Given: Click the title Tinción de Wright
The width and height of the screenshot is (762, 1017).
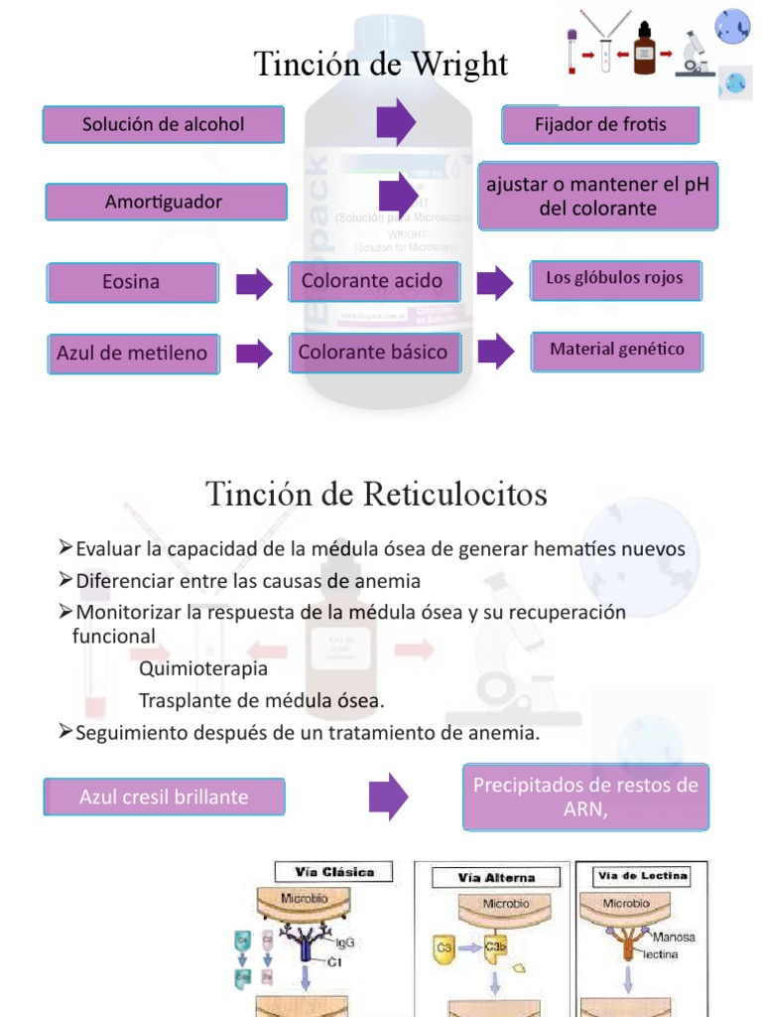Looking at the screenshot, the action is (381, 66).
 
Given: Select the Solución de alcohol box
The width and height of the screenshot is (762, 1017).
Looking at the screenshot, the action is (164, 125).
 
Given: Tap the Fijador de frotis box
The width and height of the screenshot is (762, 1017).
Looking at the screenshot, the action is (601, 125).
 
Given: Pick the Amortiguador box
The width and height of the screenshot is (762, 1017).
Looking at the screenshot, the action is (164, 202).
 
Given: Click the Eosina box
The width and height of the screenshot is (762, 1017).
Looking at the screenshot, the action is (132, 282).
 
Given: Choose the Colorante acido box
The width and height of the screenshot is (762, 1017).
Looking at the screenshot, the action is (373, 281).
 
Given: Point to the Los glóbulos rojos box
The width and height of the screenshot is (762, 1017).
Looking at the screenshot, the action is (615, 279).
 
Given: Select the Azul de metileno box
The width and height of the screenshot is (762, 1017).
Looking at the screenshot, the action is (133, 354).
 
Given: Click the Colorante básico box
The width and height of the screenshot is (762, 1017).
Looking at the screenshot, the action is (373, 353).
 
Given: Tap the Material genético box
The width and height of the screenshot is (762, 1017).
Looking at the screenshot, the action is (617, 351).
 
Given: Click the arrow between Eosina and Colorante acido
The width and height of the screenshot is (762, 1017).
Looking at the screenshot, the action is (254, 283).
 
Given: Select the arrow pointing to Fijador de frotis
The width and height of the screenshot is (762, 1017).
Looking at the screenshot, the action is (396, 122).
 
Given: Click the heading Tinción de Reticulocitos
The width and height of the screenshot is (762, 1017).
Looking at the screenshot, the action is (376, 494).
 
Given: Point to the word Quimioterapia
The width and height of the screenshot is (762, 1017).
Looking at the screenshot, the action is (203, 668).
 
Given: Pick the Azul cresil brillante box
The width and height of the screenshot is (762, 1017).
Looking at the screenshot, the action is (164, 797).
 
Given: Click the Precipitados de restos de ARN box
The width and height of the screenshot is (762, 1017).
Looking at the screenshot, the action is (585, 797).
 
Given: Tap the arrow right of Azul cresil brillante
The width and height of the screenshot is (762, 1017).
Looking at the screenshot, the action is (388, 796).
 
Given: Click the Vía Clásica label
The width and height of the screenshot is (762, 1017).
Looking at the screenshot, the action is (334, 873).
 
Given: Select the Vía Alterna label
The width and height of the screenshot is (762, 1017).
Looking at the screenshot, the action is (496, 878).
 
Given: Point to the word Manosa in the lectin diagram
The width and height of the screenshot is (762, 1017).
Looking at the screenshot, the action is (674, 937).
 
